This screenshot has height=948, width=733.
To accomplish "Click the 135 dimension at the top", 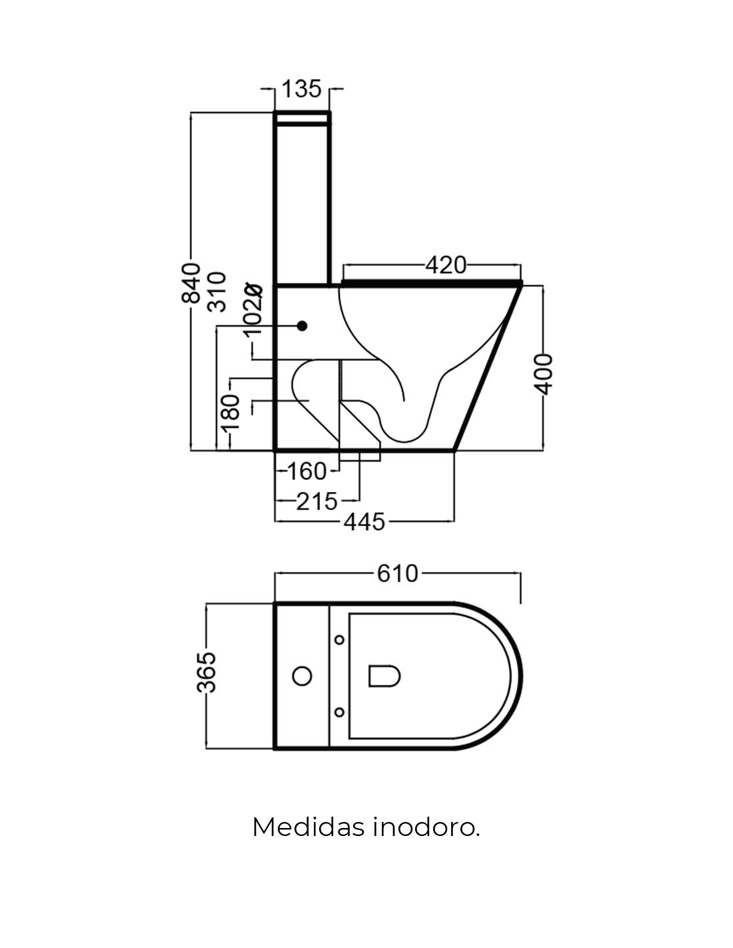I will (302, 89).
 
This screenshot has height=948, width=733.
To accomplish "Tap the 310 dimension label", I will (217, 291).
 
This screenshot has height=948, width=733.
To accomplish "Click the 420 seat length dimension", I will (446, 265).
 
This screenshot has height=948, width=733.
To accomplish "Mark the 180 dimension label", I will (230, 415).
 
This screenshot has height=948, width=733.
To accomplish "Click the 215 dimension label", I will (317, 501).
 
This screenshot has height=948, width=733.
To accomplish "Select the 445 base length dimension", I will (364, 521).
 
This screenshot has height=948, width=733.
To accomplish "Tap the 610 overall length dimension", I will (398, 573).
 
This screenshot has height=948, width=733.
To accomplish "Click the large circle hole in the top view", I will (303, 676).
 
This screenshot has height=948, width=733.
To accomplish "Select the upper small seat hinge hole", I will (340, 640).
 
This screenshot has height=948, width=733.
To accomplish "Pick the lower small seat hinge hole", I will (340, 712).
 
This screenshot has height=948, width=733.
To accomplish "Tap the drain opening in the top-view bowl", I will (384, 675).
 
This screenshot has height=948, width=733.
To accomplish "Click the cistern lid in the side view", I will (302, 119).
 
